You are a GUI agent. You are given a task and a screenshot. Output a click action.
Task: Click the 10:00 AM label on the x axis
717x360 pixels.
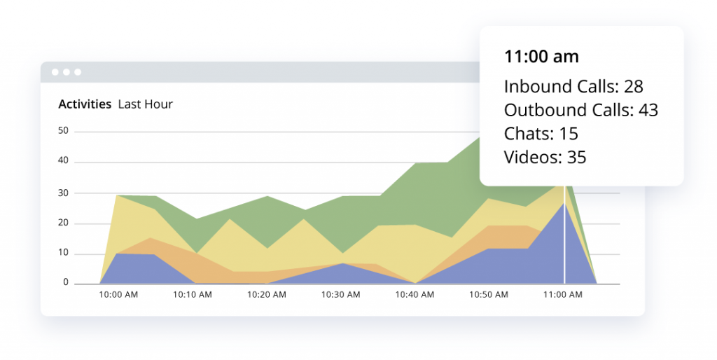click(118, 295)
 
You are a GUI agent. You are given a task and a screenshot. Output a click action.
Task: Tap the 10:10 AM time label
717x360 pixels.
click(193, 295)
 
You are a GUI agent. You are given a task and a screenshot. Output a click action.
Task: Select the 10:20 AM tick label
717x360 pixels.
click(266, 295)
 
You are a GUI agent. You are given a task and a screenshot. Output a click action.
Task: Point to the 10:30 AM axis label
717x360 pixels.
click(340, 295)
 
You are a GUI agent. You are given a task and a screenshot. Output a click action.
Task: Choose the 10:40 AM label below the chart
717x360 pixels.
click(415, 295)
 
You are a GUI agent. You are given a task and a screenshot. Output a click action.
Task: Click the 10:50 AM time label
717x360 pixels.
click(489, 295)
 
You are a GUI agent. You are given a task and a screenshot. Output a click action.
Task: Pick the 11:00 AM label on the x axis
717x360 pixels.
click(563, 295)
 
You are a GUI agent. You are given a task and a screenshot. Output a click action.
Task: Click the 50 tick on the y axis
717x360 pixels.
click(63, 131)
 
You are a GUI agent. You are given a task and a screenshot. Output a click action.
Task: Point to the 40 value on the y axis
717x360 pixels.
click(63, 162)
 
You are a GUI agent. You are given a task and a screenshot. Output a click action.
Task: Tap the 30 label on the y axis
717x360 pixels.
click(63, 193)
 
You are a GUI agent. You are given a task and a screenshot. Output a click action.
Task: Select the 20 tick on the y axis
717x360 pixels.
click(63, 223)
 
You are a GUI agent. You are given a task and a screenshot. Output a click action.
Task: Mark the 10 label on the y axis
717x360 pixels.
click(63, 254)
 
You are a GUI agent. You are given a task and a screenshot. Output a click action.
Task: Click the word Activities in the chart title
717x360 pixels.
click(85, 104)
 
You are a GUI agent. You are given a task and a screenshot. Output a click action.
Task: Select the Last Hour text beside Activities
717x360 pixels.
click(145, 104)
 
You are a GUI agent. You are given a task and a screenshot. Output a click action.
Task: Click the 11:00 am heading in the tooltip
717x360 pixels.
click(541, 57)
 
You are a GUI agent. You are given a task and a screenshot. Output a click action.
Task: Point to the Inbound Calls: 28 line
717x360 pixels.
click(573, 86)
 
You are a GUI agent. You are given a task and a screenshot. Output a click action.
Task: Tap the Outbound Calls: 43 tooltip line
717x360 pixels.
click(580, 110)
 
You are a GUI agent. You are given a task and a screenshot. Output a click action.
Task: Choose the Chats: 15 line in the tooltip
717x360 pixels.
click(541, 134)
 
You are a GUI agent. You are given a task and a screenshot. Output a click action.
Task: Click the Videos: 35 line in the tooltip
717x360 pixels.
click(545, 157)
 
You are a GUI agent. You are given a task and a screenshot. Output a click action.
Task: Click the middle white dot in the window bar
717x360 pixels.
click(67, 72)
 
